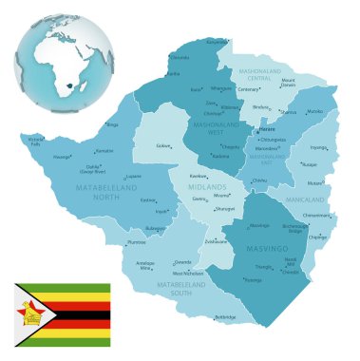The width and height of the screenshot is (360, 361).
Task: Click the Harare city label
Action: tap(267, 130)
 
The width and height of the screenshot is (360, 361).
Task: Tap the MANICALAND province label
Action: tap(313, 200)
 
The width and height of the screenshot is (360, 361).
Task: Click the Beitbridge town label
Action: tap(224, 316)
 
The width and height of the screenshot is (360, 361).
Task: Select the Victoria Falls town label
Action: tap(37, 142)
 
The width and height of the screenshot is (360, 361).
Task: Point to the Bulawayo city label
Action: tap(156, 228)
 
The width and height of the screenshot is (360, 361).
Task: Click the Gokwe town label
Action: tap(163, 146)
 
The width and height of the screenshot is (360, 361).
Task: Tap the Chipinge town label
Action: tap(318, 237)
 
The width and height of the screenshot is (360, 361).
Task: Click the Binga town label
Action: tap(112, 124)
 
